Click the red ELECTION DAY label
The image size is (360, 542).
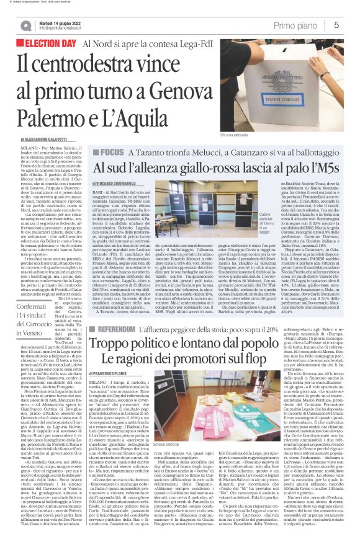point(47,44)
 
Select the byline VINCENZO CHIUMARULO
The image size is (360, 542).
point(123,167)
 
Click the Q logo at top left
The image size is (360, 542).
point(25,25)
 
